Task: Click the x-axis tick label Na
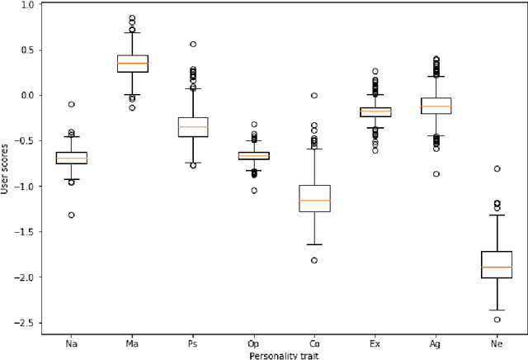point(71,341)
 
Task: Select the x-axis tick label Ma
point(132,341)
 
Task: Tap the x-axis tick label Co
point(314,341)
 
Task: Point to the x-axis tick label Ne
point(497,341)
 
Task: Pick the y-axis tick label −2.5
point(24,323)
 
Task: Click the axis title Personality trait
point(284,354)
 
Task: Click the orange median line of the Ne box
point(497,268)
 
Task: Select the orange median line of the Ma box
point(132,64)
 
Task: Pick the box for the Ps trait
point(193,126)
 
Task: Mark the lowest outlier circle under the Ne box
point(497,320)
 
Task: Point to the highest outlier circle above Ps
point(193,45)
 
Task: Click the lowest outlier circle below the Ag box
point(436,174)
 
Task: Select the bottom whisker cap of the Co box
point(314,244)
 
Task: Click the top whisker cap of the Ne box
point(497,215)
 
